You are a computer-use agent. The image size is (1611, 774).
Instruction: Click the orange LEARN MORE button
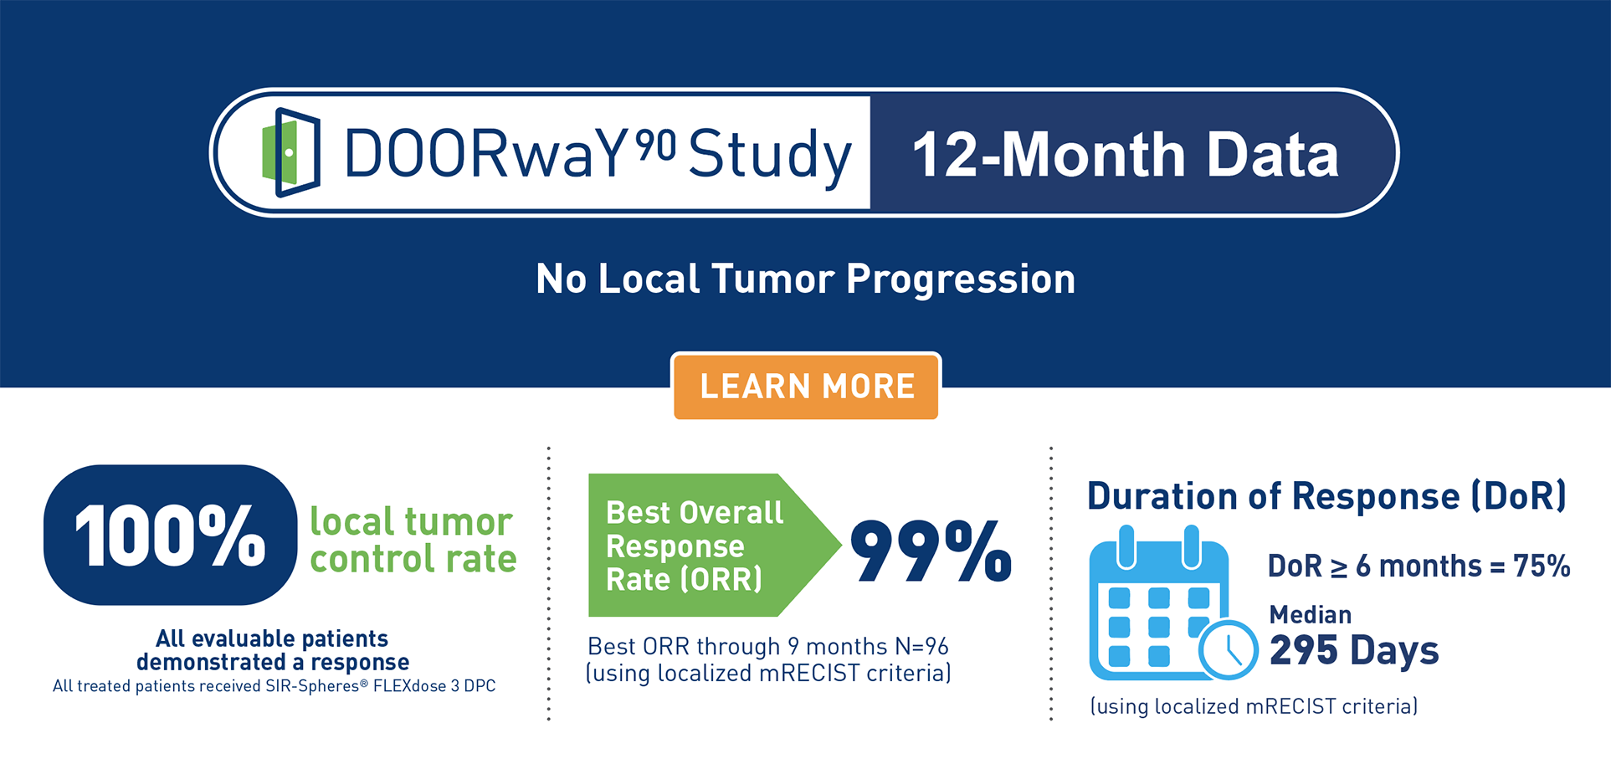click(x=806, y=387)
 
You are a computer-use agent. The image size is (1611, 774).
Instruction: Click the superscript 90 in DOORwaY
click(x=655, y=145)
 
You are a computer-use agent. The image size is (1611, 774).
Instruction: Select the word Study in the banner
click(x=769, y=156)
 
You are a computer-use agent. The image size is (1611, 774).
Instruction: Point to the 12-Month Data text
click(x=1126, y=155)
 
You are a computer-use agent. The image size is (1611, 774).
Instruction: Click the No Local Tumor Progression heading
click(x=806, y=279)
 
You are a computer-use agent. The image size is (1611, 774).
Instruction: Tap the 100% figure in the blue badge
click(x=170, y=536)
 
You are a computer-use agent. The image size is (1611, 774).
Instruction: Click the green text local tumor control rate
click(x=413, y=540)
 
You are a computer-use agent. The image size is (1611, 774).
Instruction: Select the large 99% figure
click(x=931, y=550)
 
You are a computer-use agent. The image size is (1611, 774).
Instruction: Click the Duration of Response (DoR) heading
click(x=1326, y=496)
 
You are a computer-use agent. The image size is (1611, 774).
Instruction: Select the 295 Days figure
click(x=1354, y=650)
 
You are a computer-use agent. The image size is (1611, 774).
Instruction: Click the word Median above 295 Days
click(x=1311, y=615)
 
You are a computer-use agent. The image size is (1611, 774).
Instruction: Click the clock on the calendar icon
click(x=1228, y=649)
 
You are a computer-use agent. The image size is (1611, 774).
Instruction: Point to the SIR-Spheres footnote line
click(x=274, y=686)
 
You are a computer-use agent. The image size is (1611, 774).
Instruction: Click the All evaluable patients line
click(x=272, y=638)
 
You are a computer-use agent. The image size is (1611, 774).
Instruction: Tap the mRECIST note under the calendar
click(x=1254, y=706)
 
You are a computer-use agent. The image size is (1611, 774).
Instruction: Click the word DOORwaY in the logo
click(x=485, y=154)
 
